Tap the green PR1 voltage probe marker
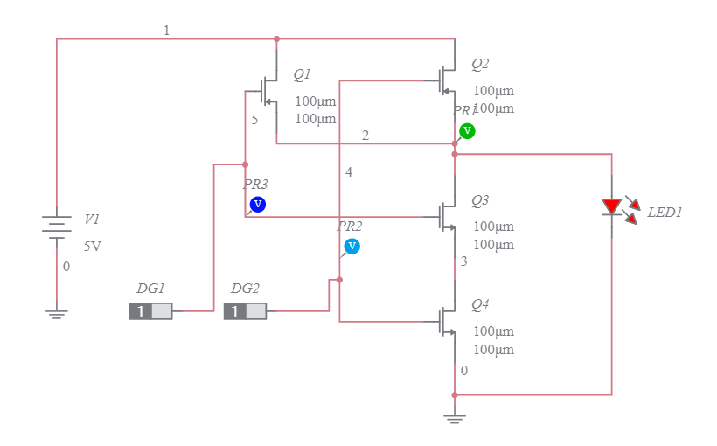point(467,130)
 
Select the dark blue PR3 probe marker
point(257,204)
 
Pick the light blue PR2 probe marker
point(352,246)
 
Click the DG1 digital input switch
point(150,311)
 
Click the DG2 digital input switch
point(245,311)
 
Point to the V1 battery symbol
point(57,226)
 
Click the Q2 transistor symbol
point(448,80)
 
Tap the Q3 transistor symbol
point(448,216)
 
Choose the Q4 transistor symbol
point(448,321)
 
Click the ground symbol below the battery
point(57,314)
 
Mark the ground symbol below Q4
point(455,419)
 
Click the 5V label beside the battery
point(93,247)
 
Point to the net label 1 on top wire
point(166,31)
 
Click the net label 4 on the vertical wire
point(349,172)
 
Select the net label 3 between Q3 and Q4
point(463,261)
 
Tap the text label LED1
point(665,213)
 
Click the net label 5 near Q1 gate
point(254,120)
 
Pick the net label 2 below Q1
point(365,135)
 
